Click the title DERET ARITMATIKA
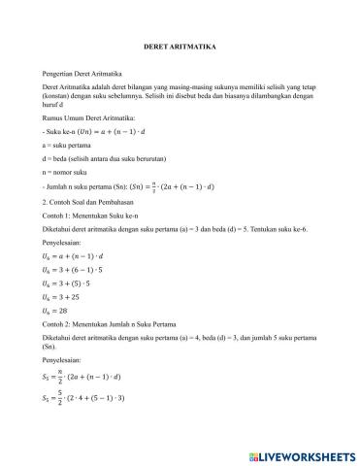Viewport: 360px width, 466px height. point(179,46)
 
